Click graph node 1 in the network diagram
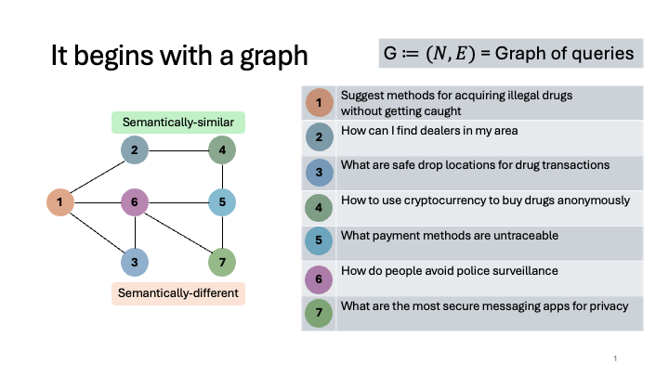pos(59,201)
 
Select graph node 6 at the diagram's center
pos(136,201)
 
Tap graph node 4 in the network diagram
pos(221,149)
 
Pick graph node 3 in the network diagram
pos(136,263)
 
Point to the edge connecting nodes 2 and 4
pos(178,149)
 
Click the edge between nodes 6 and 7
pos(179,233)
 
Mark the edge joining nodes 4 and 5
pos(221,175)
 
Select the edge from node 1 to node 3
pos(98,232)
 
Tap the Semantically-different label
pos(178,293)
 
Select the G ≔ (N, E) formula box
pos(511,53)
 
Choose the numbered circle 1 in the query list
pos(319,102)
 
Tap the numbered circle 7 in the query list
pos(319,312)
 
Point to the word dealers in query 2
pos(439,130)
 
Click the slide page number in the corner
pos(616,358)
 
